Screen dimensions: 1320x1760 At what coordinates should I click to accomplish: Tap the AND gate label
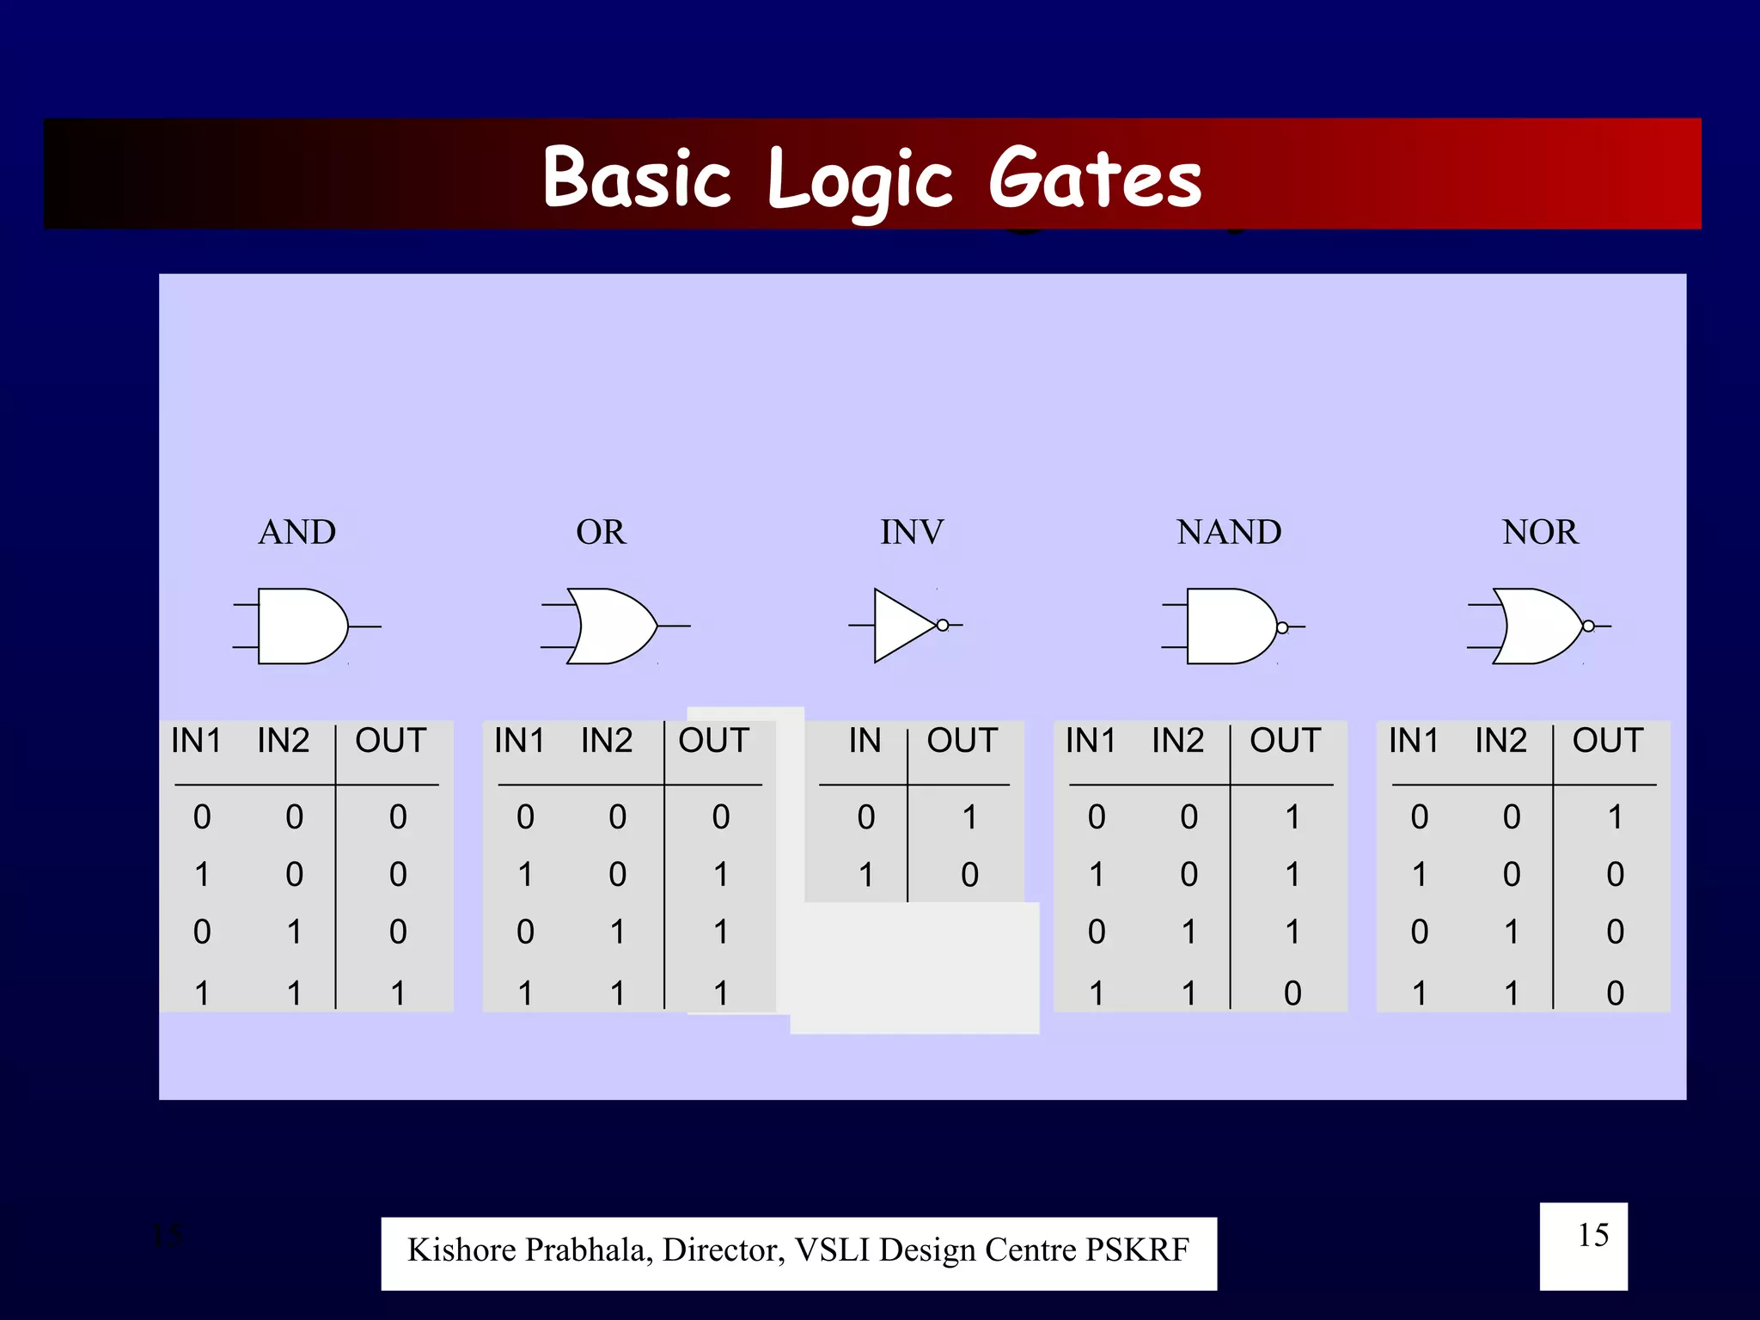tap(297, 532)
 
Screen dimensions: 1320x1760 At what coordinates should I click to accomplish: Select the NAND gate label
tap(1229, 532)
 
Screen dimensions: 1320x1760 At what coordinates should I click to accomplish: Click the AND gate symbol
tap(301, 626)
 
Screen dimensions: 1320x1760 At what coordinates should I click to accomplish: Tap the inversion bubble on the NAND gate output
tap(1282, 627)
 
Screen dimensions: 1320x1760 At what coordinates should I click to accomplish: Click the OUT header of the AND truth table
tap(391, 741)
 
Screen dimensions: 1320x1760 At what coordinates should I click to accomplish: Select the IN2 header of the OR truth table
tap(607, 741)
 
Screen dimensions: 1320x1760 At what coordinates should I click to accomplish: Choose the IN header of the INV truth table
tap(865, 741)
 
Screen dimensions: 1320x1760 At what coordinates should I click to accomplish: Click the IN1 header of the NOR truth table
tap(1414, 741)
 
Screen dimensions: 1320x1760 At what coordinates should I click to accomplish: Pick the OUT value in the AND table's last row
tap(398, 993)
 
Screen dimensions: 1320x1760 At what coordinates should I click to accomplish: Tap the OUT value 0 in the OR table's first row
tap(721, 817)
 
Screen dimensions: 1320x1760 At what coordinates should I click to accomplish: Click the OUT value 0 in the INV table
tap(969, 875)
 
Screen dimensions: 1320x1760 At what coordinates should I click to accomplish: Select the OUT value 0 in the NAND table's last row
tap(1292, 993)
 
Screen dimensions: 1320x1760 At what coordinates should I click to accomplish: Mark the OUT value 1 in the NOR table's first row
tap(1616, 817)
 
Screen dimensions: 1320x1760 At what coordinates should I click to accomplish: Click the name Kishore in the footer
tap(461, 1250)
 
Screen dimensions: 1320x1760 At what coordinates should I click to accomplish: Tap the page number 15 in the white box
tap(1592, 1236)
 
